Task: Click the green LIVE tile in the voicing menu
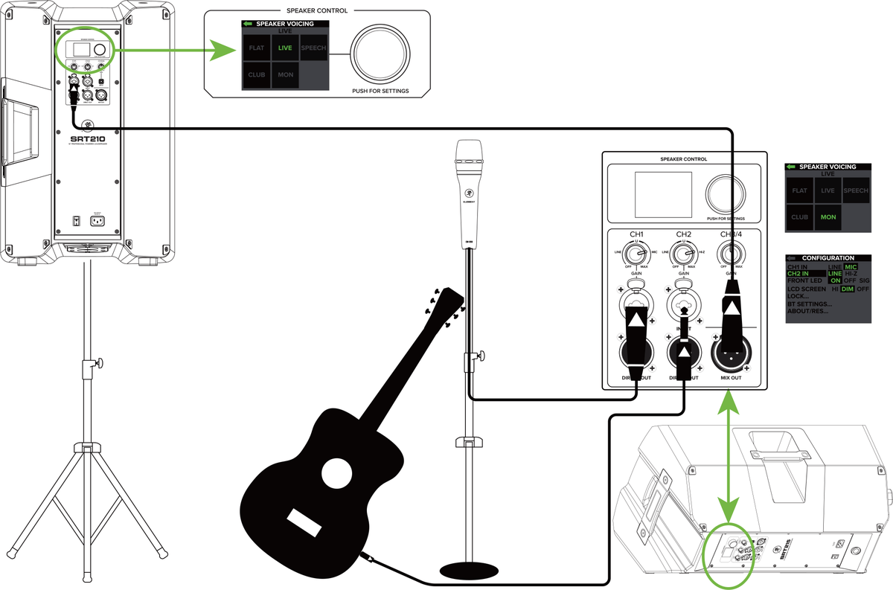[285, 48]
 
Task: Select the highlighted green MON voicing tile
[828, 217]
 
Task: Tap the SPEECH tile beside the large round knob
[313, 48]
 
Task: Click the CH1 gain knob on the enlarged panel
[638, 257]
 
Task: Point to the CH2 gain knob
[684, 257]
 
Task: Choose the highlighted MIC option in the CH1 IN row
[851, 266]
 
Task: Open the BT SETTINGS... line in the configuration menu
[810, 304]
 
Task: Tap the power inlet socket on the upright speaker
[96, 220]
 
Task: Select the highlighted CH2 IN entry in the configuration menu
[802, 274]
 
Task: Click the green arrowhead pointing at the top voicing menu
[222, 51]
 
